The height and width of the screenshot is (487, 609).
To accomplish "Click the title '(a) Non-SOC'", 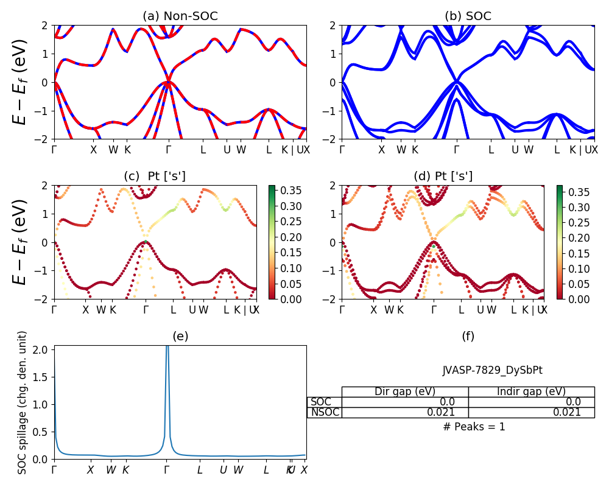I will tap(180, 16).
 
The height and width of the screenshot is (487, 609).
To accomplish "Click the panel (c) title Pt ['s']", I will tap(155, 177).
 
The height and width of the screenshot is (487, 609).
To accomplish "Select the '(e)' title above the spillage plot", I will tap(180, 336).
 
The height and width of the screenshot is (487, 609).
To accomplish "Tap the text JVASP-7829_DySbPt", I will tap(492, 370).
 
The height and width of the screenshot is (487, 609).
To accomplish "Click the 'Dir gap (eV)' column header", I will tap(404, 391).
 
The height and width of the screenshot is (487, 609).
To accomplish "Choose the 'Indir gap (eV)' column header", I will tap(531, 391).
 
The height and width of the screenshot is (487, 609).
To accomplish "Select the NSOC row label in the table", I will tap(325, 412).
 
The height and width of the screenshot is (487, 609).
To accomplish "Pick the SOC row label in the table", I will tap(321, 402).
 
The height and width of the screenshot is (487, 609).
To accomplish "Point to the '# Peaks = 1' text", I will tap(474, 427).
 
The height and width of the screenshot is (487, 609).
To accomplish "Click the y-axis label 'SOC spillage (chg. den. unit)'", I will tap(23, 402).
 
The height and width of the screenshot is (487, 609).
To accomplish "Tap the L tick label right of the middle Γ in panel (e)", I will tap(200, 470).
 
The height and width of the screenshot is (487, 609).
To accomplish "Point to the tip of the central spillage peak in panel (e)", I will tap(167, 346).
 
